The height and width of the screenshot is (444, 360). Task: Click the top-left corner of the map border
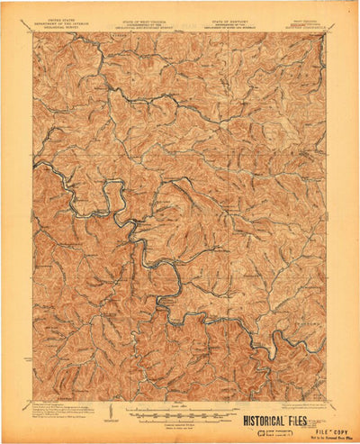click(x=34, y=34)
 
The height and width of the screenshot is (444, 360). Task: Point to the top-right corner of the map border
click(x=326, y=34)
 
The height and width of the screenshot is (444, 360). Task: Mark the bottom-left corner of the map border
click(x=34, y=399)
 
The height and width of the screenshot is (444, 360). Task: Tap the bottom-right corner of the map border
click(x=326, y=399)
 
